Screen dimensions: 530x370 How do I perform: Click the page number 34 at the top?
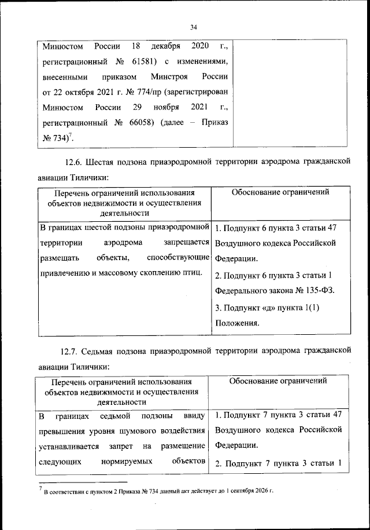click(194, 26)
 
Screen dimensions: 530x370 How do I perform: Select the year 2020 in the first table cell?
click(192, 46)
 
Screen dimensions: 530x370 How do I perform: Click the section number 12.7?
click(72, 352)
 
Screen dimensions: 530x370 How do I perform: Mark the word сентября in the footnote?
click(231, 492)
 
